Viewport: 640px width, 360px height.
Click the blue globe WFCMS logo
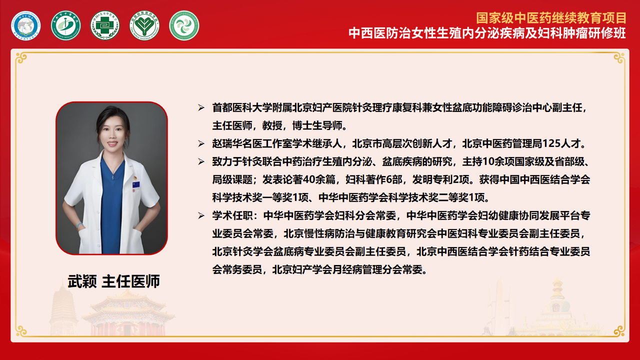coord(26,25)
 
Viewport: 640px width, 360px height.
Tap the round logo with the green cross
coord(105,25)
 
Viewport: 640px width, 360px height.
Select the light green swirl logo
coord(184,25)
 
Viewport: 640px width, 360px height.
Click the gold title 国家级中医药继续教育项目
coord(551,18)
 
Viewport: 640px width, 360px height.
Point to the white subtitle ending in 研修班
coord(487,33)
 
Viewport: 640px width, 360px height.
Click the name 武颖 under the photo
coord(82,281)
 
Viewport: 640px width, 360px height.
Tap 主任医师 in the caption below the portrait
coord(131,281)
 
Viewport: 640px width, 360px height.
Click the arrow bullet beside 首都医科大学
coord(201,108)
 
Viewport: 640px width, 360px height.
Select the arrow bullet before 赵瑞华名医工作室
coord(201,144)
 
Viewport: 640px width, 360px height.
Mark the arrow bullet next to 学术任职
coord(201,216)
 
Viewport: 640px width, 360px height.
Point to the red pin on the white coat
coord(133,177)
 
